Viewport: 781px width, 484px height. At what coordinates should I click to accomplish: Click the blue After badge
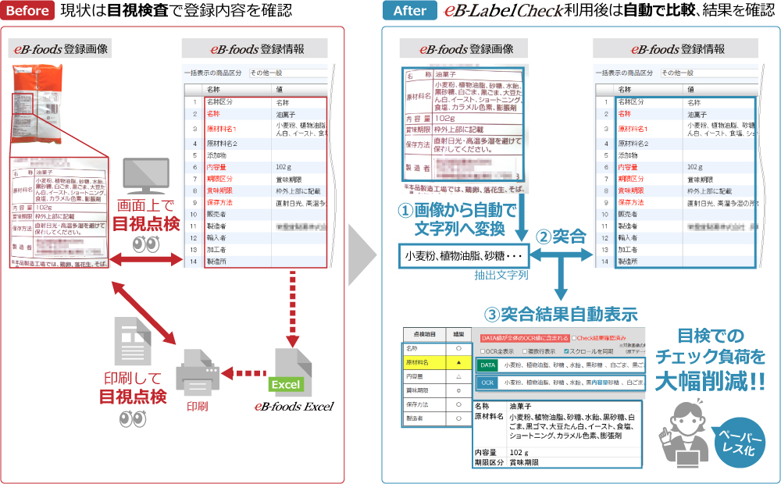coord(409,11)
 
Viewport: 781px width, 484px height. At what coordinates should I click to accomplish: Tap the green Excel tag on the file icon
coord(286,385)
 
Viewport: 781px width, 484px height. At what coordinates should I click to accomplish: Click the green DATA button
coord(487,365)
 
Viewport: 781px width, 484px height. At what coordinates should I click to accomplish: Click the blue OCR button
coord(487,383)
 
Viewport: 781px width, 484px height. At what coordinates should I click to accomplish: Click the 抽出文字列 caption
coord(501,276)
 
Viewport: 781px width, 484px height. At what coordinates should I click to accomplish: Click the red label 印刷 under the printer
coord(197,406)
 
